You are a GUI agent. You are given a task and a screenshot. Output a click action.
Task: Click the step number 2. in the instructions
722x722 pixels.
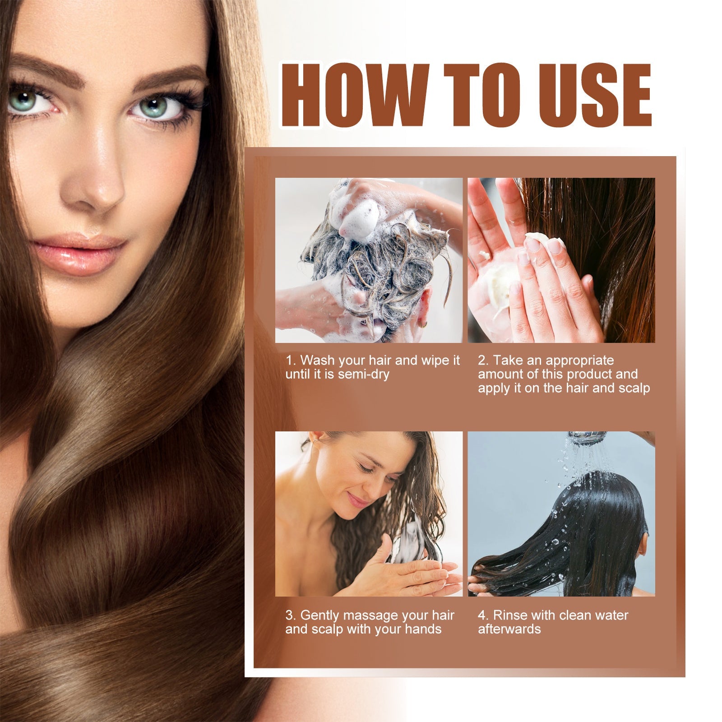coord(483,361)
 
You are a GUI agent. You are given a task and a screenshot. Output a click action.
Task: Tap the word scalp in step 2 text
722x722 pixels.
coord(634,389)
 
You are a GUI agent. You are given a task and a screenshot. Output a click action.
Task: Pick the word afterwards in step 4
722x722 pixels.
coord(509,629)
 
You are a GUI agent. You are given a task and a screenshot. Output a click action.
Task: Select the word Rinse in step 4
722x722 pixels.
coord(510,616)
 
